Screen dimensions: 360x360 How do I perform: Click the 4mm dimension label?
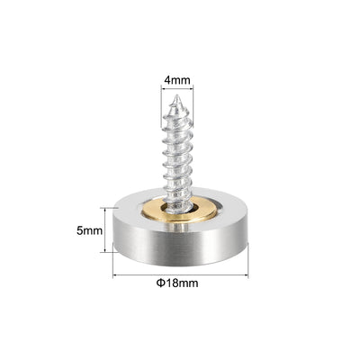coord(177,80)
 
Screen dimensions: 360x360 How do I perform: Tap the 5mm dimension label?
coord(89,230)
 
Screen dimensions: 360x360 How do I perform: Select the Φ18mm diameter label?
coord(177,283)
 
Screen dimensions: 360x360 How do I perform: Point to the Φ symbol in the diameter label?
coord(160,283)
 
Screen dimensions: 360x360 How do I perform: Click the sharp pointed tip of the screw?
coord(177,96)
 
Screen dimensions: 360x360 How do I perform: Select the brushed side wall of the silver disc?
coord(180,245)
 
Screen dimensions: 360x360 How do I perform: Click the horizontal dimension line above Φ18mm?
coord(180,274)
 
